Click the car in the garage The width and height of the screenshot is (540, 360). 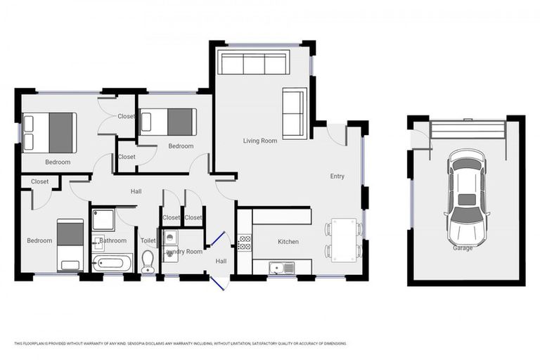[466, 197]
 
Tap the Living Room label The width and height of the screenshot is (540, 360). [260, 141]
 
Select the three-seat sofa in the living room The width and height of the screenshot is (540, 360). [253, 63]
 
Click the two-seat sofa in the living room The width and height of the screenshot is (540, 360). [295, 113]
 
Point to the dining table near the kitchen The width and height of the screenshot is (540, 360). [344, 239]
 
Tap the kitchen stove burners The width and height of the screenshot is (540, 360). [245, 243]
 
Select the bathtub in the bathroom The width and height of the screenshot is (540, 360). [112, 264]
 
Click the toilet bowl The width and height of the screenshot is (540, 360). [148, 266]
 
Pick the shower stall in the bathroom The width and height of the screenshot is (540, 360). [103, 220]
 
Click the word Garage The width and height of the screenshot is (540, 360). [463, 247]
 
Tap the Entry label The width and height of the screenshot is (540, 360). [337, 176]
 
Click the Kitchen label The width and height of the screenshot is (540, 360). [288, 242]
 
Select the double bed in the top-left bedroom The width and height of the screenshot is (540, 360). [49, 132]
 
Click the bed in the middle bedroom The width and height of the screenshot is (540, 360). [168, 122]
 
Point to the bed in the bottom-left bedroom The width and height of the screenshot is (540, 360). [70, 245]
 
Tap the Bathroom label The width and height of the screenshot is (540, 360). [113, 240]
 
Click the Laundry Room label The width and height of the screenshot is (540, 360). [184, 251]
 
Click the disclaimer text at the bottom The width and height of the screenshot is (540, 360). [181, 343]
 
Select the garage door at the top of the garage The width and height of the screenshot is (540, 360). [468, 130]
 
